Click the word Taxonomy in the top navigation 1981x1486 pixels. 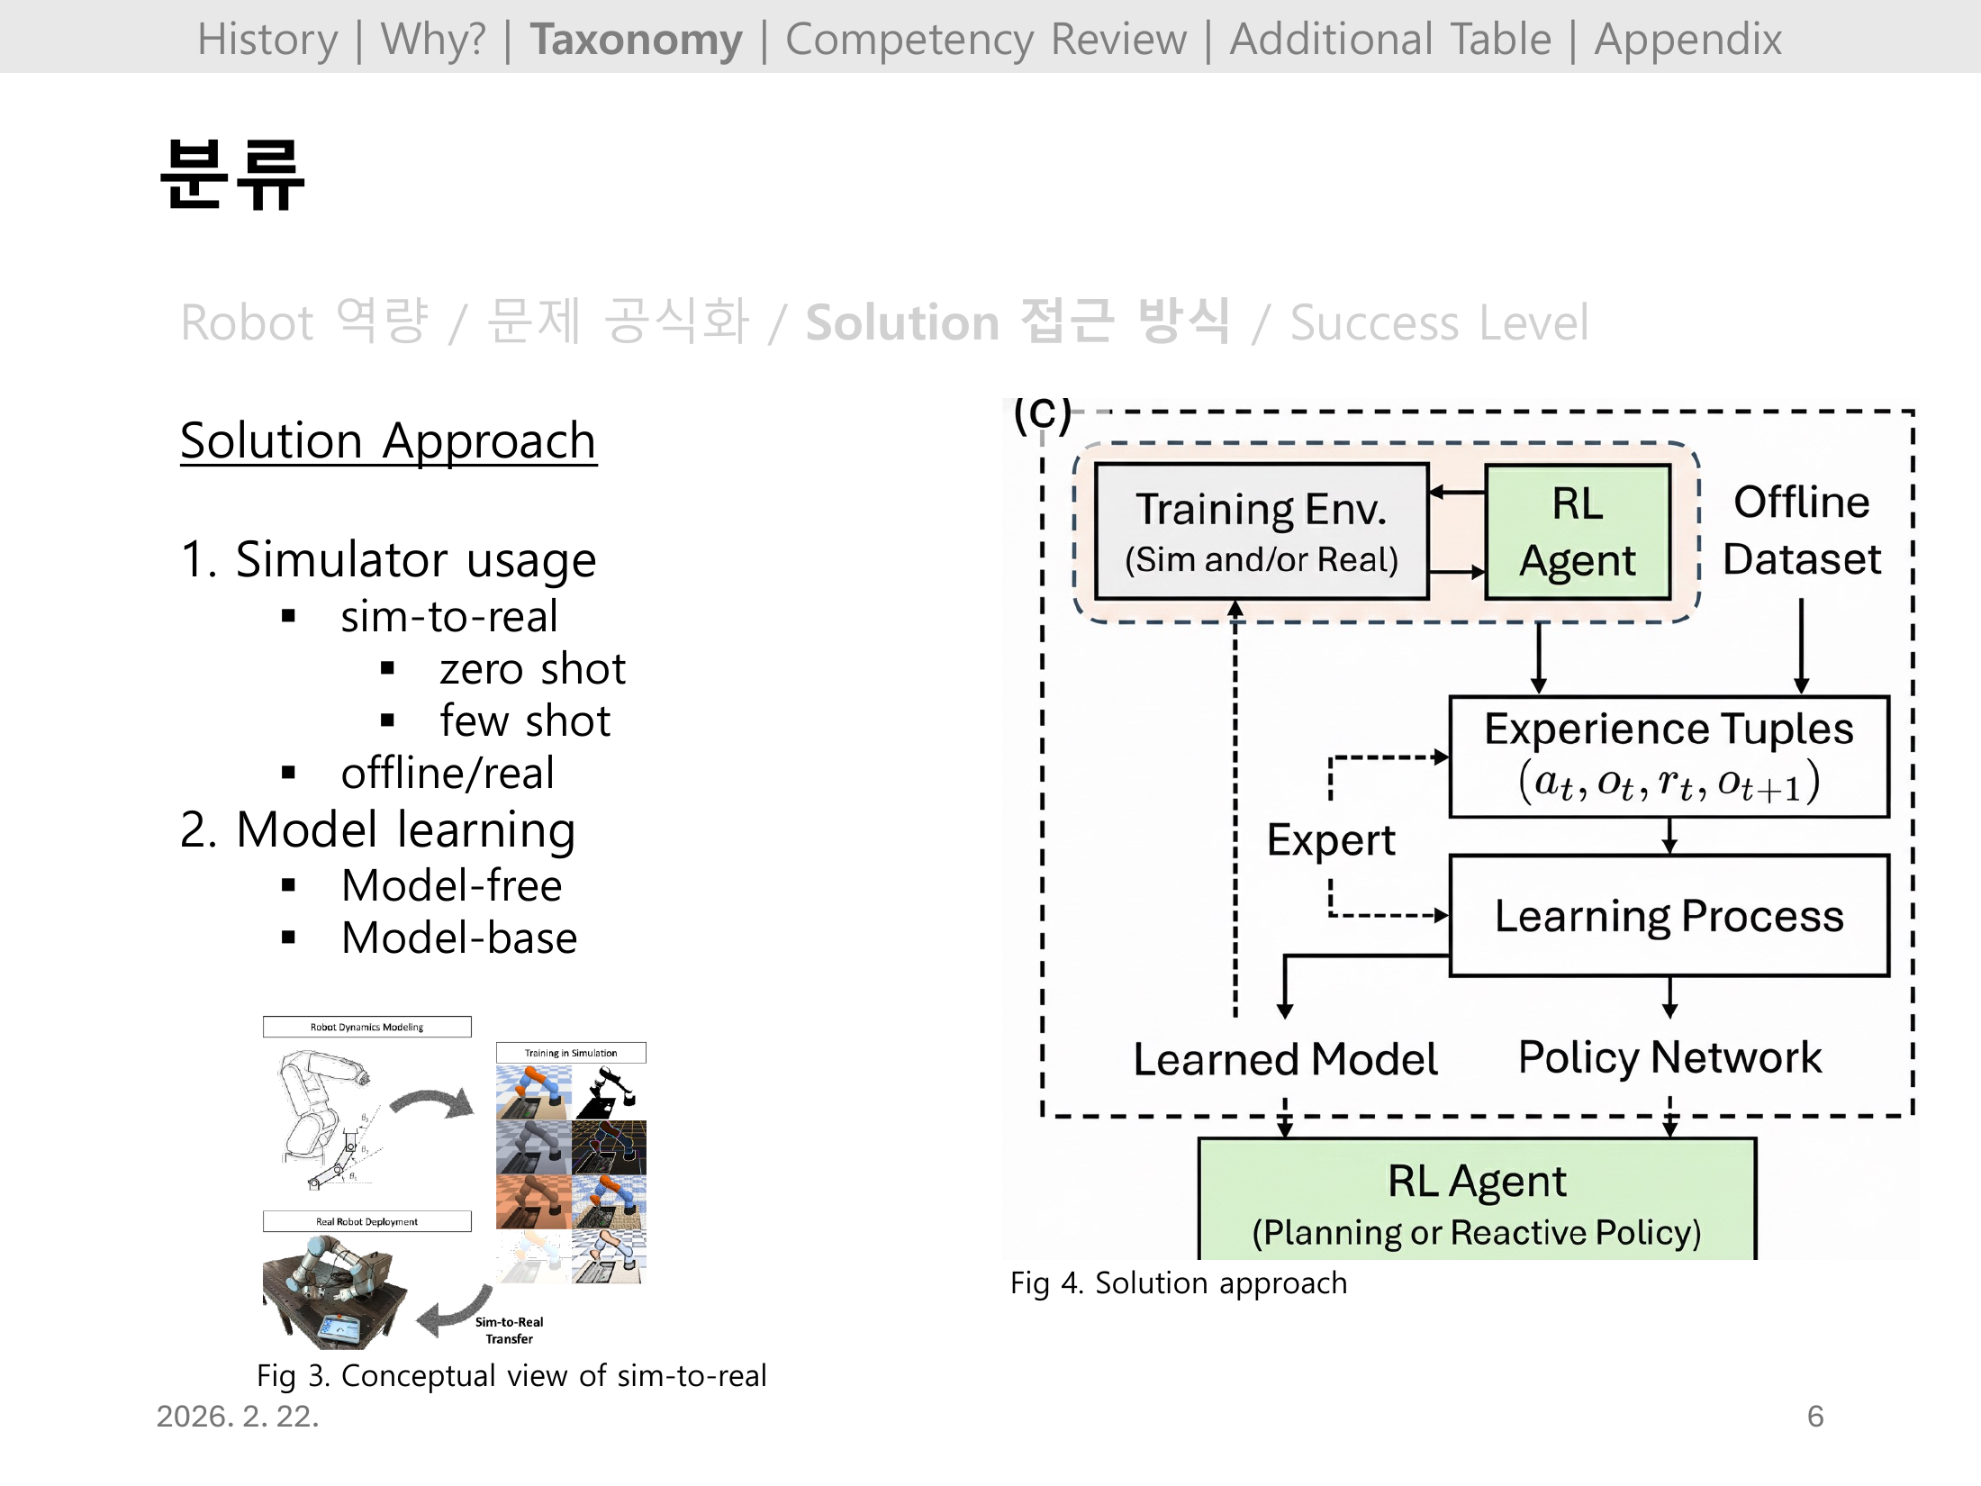pos(636,40)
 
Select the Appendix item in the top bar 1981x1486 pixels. pos(1687,40)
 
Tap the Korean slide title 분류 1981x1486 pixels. pos(232,175)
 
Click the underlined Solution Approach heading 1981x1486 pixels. pos(388,441)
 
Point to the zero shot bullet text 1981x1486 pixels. pos(532,669)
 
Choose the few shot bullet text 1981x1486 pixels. pos(525,721)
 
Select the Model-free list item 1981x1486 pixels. pos(452,886)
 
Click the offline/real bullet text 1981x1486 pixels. pos(448,774)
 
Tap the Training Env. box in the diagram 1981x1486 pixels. pos(1262,532)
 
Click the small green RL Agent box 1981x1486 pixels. pos(1578,532)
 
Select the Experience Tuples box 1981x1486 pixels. pos(1669,757)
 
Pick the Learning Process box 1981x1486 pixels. pos(1669,916)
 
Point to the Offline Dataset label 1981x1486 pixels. pos(1802,530)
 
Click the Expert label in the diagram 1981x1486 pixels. pos(1330,840)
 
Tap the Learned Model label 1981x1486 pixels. pos(1285,1059)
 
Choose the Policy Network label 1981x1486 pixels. pos(1669,1057)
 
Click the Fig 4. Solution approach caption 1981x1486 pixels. pos(1179,1283)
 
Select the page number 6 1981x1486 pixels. pos(1815,1417)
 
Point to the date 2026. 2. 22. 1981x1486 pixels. pos(238,1417)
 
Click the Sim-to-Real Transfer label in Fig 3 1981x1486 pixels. pos(509,1330)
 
